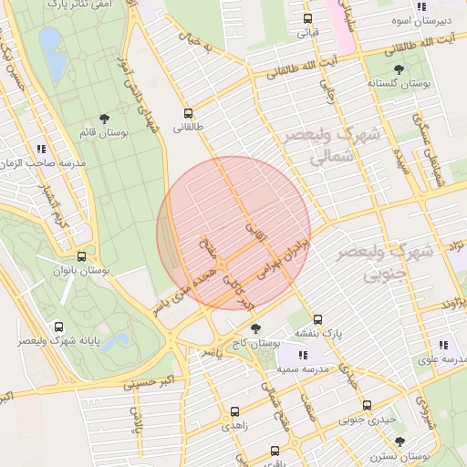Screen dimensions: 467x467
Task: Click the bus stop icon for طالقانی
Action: tap(189, 114)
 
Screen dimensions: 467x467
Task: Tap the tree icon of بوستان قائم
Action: tap(104, 118)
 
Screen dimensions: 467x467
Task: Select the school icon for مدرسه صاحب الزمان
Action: tap(41, 148)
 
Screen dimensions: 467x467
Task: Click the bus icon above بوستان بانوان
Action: tap(82, 256)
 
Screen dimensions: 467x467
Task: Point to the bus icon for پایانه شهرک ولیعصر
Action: tap(59, 327)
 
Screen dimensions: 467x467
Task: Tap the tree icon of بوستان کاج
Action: tap(254, 328)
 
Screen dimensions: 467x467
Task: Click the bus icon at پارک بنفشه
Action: tap(317, 319)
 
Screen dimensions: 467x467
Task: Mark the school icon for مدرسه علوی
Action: tap(443, 345)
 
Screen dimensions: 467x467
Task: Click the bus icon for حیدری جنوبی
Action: tap(367, 405)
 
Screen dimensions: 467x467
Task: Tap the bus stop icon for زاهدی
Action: tap(234, 411)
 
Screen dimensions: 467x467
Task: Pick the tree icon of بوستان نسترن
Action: tap(400, 441)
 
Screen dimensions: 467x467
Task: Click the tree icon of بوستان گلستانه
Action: tap(399, 68)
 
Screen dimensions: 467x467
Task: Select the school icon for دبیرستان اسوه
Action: tap(420, 6)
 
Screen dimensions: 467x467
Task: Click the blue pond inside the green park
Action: tap(52, 56)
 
